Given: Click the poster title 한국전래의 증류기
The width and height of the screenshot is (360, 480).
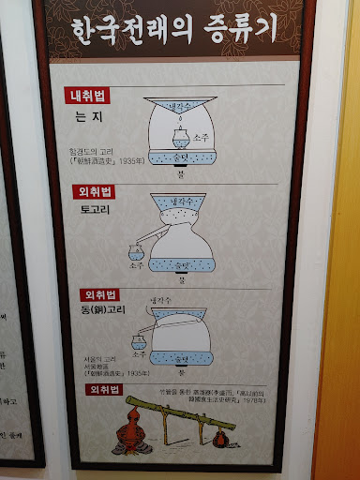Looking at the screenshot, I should (x=175, y=31).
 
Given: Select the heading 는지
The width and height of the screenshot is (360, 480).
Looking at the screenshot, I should (x=88, y=117).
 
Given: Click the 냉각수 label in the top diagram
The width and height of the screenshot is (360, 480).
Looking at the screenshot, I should (x=178, y=109).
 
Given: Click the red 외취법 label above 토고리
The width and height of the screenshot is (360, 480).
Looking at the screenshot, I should (x=94, y=192).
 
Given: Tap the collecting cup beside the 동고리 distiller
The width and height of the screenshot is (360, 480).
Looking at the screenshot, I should (x=140, y=344).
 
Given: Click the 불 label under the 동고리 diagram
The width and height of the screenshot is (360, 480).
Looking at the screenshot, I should (x=183, y=374).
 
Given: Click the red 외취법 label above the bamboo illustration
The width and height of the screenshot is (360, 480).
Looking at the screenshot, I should (x=105, y=389).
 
